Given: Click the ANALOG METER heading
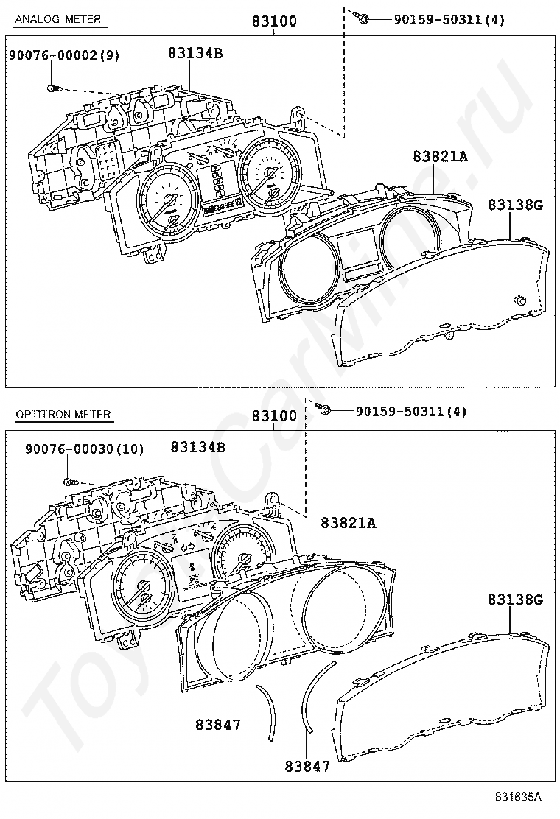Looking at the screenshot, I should pyautogui.click(x=58, y=19).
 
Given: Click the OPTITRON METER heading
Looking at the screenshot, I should pyautogui.click(x=63, y=414).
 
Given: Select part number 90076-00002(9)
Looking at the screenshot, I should pyautogui.click(x=63, y=55).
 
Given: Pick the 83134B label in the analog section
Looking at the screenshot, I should pyautogui.click(x=195, y=53).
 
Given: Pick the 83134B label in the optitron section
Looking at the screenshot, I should pyautogui.click(x=197, y=447).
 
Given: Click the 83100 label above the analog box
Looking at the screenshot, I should pyautogui.click(x=274, y=21).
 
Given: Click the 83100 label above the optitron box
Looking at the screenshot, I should pyautogui.click(x=274, y=416).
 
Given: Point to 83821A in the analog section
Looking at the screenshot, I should pyautogui.click(x=441, y=156).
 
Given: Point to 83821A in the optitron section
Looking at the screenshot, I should pyautogui.click(x=349, y=523).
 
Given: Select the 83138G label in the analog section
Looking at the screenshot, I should pyautogui.click(x=514, y=205).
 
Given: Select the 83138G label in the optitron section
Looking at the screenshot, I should pyautogui.click(x=514, y=600).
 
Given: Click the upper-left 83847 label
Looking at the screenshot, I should pyautogui.click(x=218, y=725).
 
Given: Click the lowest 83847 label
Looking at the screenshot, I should pyautogui.click(x=307, y=766).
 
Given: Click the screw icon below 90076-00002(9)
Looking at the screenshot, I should pyautogui.click(x=53, y=88).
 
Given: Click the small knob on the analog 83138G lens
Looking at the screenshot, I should pyautogui.click(x=520, y=299).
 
